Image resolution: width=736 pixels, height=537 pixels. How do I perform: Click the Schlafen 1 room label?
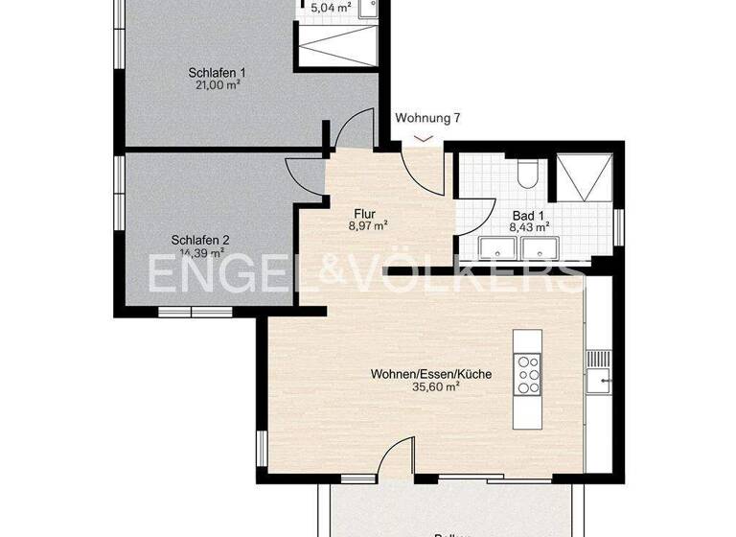pyautogui.click(x=218, y=72)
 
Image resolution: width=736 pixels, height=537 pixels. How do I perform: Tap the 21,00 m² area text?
pyautogui.click(x=218, y=84)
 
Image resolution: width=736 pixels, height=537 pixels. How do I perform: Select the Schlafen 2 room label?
pyautogui.click(x=200, y=241)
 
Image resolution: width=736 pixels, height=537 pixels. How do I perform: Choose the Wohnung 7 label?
pyautogui.click(x=428, y=119)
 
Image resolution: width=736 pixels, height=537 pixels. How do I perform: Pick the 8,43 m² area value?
pyautogui.click(x=529, y=228)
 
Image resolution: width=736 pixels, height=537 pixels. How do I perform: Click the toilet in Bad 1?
pyautogui.click(x=526, y=173)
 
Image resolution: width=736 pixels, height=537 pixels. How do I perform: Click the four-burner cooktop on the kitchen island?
pyautogui.click(x=528, y=374)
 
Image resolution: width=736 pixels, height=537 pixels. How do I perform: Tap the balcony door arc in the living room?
pyautogui.click(x=395, y=455)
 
